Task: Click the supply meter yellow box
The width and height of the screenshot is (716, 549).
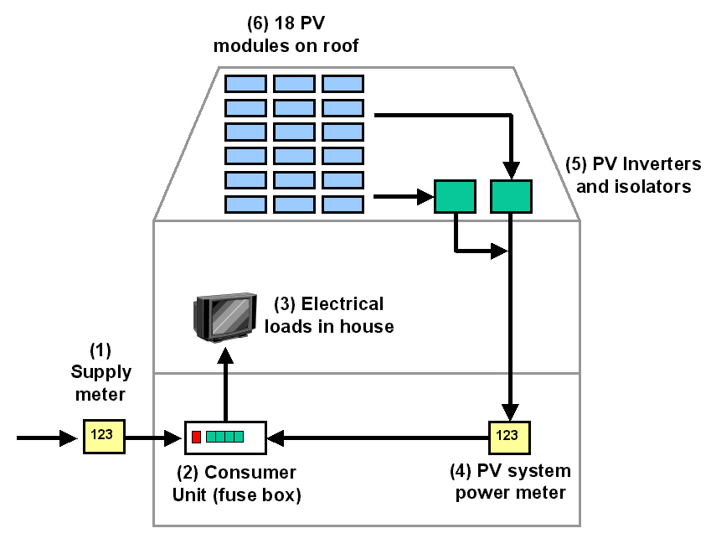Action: point(104,437)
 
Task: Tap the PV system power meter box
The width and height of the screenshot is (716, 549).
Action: point(509,437)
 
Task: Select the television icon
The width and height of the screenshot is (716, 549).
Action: point(224,317)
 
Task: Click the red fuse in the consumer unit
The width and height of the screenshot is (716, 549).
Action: point(197,437)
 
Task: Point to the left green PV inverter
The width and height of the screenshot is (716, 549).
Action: point(455,197)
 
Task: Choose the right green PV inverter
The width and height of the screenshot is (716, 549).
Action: point(511,197)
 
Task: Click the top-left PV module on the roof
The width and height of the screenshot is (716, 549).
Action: point(245,83)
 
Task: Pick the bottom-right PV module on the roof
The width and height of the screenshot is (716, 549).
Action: point(343,205)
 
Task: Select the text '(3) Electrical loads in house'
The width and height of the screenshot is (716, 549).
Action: point(328,315)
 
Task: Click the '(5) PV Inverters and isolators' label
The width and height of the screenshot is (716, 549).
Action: point(633,174)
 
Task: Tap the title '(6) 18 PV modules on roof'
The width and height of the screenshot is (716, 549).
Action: point(286,35)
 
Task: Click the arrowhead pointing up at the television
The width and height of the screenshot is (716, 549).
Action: point(224,356)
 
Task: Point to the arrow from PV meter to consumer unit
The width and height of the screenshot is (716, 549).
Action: point(377,437)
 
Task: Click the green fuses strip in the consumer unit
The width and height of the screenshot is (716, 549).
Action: point(224,437)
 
